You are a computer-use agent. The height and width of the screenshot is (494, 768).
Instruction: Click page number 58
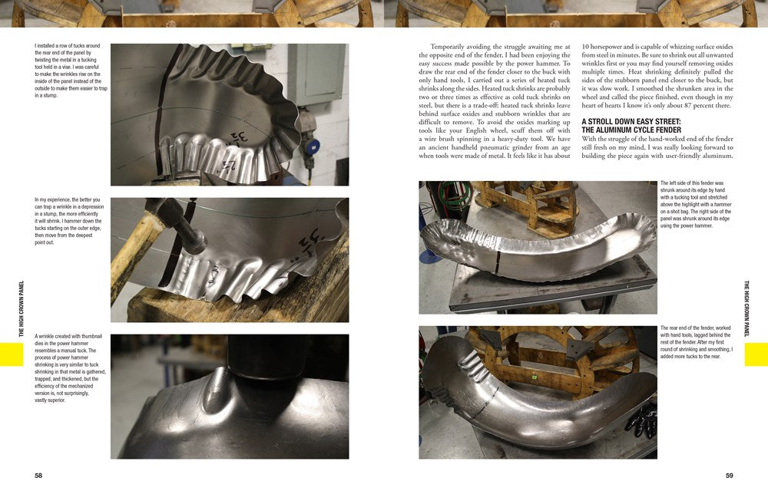(38, 476)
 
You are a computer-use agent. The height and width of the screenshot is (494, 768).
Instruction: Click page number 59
(729, 476)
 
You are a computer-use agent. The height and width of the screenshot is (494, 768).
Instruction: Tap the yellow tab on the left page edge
(12, 354)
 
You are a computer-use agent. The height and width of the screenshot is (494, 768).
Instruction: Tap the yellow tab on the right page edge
(756, 354)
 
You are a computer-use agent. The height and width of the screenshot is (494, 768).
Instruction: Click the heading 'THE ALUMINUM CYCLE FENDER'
(631, 130)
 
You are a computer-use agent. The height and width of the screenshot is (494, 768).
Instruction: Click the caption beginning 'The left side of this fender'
(696, 204)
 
